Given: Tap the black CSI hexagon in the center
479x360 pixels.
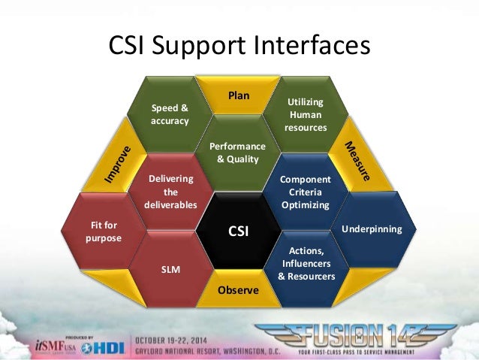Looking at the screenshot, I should (x=239, y=232).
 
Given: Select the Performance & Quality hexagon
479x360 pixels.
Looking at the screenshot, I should (x=238, y=153).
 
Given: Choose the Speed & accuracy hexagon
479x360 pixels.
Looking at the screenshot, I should (x=170, y=114).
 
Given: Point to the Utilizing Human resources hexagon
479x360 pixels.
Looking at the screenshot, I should (x=306, y=114).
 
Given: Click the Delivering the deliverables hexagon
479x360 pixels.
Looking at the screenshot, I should (x=171, y=192).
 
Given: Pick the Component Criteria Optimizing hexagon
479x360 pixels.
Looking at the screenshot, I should (x=306, y=192).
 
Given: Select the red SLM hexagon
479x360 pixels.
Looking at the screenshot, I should (x=170, y=268).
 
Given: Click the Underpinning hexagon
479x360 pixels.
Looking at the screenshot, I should (x=372, y=228).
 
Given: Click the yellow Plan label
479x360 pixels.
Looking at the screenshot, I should (x=239, y=95).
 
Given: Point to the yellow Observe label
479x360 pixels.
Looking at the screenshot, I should (x=238, y=290).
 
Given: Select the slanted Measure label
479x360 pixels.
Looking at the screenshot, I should (x=358, y=160).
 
